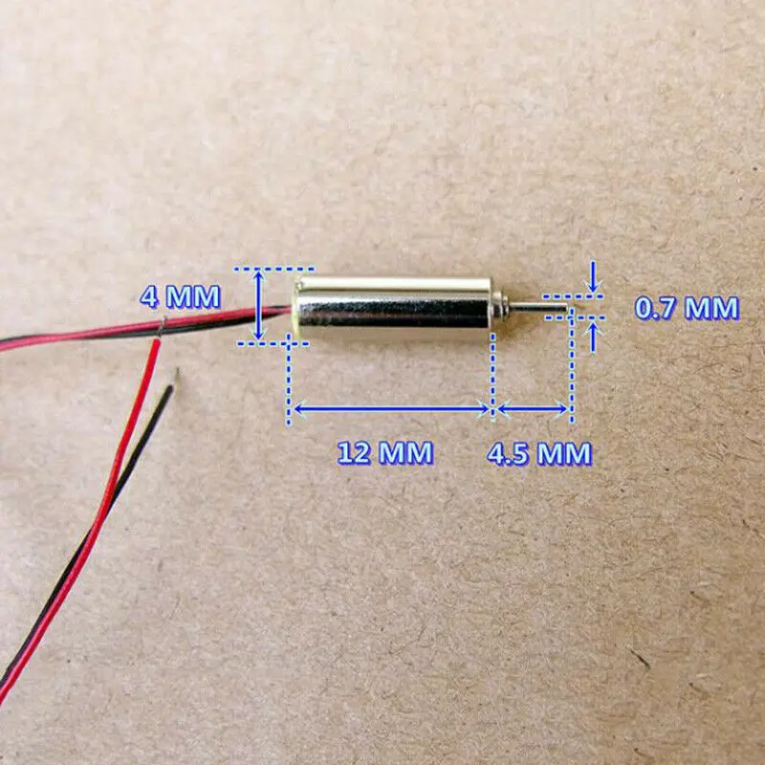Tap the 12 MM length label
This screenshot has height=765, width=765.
(384, 451)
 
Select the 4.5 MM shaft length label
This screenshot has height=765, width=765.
(538, 452)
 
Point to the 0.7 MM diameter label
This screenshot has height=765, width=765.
(687, 308)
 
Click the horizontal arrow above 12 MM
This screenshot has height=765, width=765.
(391, 408)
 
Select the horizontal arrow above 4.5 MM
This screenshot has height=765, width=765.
(533, 408)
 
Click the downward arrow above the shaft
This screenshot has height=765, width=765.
(595, 277)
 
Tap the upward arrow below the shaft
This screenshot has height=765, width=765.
(595, 336)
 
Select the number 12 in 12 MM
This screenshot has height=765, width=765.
(354, 451)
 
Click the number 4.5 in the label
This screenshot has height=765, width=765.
(507, 452)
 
